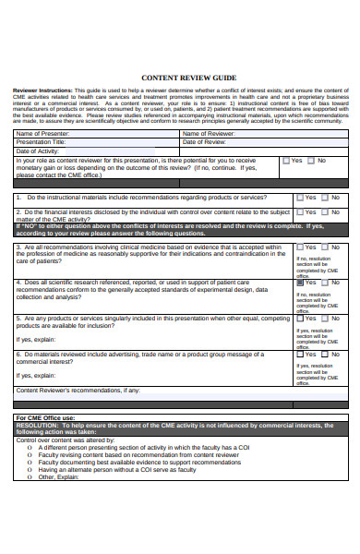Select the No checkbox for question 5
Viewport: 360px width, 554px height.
325,318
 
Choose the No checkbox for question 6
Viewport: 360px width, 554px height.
325,353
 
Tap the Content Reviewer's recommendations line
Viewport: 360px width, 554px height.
78,390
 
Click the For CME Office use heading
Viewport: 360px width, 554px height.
47,417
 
